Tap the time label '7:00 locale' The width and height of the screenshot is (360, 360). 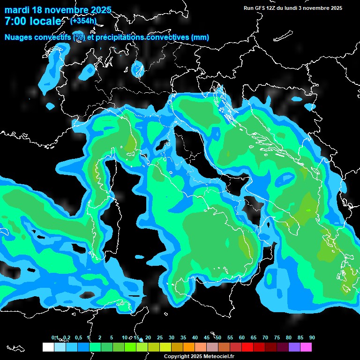pyautogui.click(x=32, y=21)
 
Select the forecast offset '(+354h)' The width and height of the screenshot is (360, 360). pyautogui.click(x=83, y=21)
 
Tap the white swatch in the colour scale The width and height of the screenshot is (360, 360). pyautogui.click(x=48, y=347)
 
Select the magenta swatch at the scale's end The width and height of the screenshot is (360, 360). pyautogui.click(x=306, y=347)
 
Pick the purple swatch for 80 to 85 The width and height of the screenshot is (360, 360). pyautogui.click(x=294, y=347)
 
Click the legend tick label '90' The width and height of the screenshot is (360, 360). pyautogui.click(x=312, y=337)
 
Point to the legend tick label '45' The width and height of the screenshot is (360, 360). pyautogui.click(x=207, y=337)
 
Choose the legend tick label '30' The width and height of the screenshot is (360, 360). pyautogui.click(x=172, y=337)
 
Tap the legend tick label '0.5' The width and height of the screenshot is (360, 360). pyautogui.click(x=78, y=337)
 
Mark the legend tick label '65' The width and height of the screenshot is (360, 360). pyautogui.click(x=254, y=337)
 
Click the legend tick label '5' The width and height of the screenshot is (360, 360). pyautogui.click(x=112, y=337)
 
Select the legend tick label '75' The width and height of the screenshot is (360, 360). pyautogui.click(x=277, y=337)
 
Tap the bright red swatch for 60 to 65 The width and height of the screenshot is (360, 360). pyautogui.click(x=247, y=347)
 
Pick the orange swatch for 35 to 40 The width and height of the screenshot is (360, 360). pyautogui.click(x=189, y=347)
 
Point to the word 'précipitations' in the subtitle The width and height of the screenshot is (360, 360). pyautogui.click(x=120, y=37)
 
